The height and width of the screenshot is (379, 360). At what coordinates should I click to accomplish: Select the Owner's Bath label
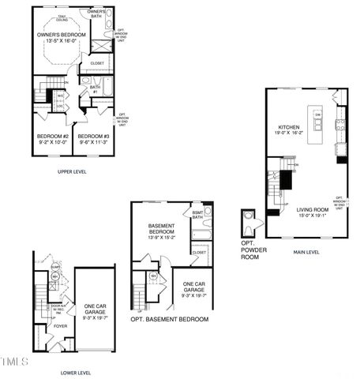click(96, 13)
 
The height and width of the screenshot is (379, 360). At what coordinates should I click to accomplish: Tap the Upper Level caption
click(73, 171)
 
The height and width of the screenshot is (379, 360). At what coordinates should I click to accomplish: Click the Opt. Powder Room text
click(249, 246)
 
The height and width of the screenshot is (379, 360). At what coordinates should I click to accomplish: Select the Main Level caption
click(306, 252)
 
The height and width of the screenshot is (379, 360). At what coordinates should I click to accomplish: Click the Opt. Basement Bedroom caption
click(169, 319)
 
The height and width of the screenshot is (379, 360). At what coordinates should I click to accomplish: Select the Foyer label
click(60, 325)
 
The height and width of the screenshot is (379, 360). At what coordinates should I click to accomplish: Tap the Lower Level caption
click(76, 372)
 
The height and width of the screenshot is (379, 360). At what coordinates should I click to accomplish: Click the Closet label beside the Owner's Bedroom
click(97, 63)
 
